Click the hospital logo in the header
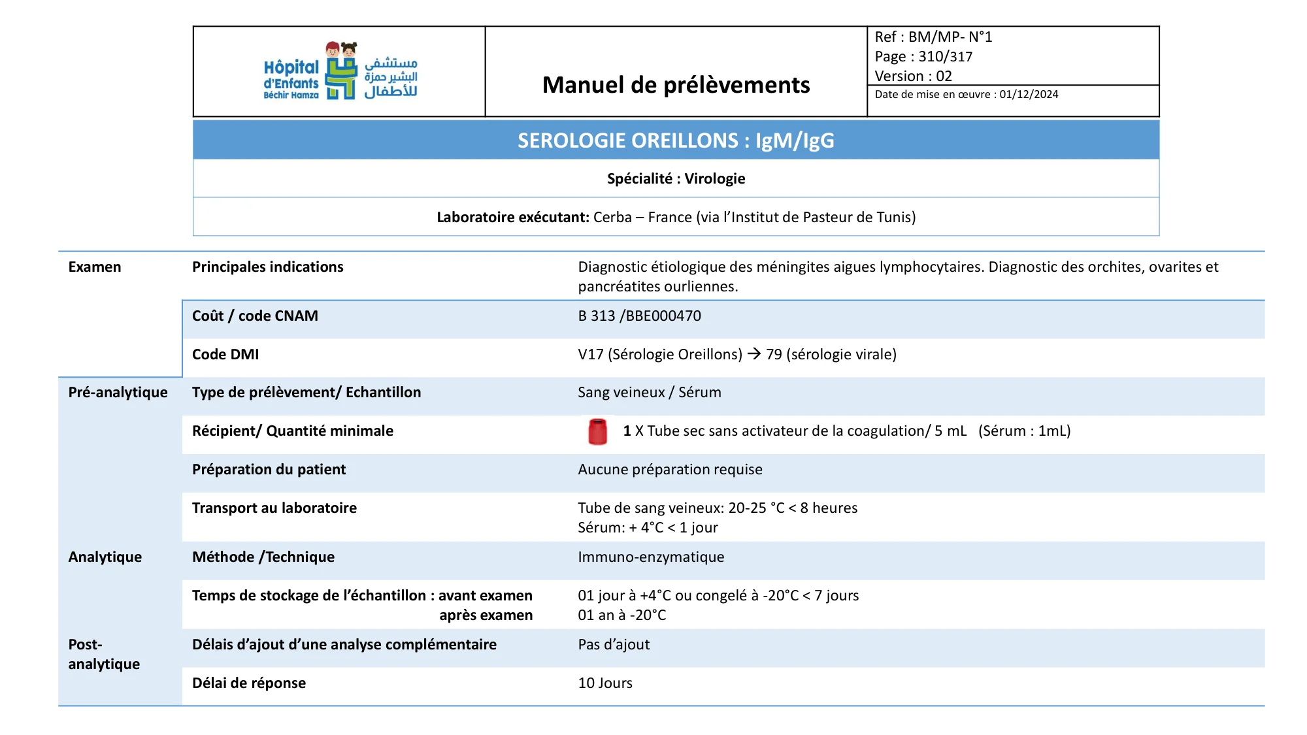(x=340, y=71)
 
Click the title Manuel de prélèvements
(x=676, y=85)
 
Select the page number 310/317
(x=945, y=57)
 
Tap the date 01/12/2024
(x=1029, y=95)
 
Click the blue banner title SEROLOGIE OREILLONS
(x=676, y=140)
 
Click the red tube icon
(x=597, y=432)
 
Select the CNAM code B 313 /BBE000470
(x=639, y=316)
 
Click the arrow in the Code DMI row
(x=754, y=354)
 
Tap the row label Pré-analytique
(x=118, y=393)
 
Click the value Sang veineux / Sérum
(x=650, y=393)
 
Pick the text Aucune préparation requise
(x=670, y=470)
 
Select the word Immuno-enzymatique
(x=651, y=557)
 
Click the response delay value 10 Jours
(x=605, y=683)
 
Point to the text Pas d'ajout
(x=614, y=645)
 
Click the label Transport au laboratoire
(x=274, y=508)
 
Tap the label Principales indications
(x=267, y=267)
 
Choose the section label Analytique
(x=105, y=557)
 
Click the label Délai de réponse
(x=249, y=683)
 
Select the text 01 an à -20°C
(x=622, y=615)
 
